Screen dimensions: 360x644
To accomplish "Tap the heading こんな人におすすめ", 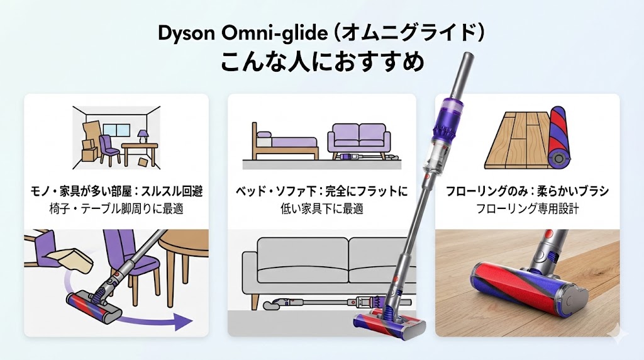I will click(321, 63).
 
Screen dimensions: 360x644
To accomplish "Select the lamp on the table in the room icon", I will click(143, 137).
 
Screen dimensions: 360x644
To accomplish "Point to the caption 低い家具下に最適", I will click(321, 208).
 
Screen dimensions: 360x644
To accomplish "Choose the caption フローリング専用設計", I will click(527, 208).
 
